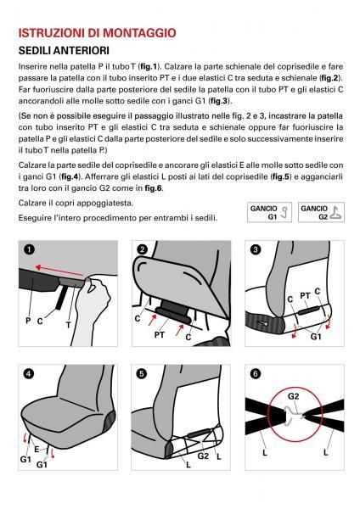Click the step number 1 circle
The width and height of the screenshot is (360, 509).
point(30,249)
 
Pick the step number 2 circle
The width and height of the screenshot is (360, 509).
point(142,249)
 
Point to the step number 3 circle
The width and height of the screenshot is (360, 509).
point(255,249)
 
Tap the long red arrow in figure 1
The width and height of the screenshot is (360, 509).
point(63,272)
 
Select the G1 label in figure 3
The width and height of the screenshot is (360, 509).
point(315,336)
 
